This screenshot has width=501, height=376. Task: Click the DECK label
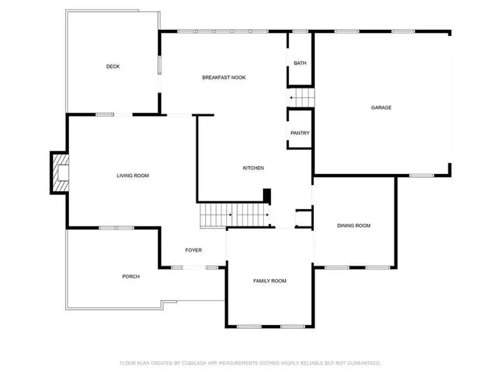coord(113,67)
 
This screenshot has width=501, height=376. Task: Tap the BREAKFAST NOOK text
coord(225,77)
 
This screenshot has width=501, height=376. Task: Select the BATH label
coord(300,63)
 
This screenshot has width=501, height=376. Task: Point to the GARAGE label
coord(381,107)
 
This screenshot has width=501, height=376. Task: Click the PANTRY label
coord(300,133)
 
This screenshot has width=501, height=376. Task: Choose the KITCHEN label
coord(253,168)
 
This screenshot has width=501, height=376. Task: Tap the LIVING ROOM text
coord(132,175)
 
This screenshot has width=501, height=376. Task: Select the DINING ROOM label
coord(353,226)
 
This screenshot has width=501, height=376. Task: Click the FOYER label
coord(193,250)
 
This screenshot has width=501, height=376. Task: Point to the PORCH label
coord(131,277)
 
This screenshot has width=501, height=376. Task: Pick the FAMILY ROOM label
coord(269,280)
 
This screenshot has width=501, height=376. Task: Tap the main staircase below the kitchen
coord(234,214)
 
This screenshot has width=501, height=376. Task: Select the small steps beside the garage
coord(302,98)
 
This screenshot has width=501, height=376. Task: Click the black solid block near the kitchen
coord(267,195)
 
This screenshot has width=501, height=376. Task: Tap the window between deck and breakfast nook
coord(161,64)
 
